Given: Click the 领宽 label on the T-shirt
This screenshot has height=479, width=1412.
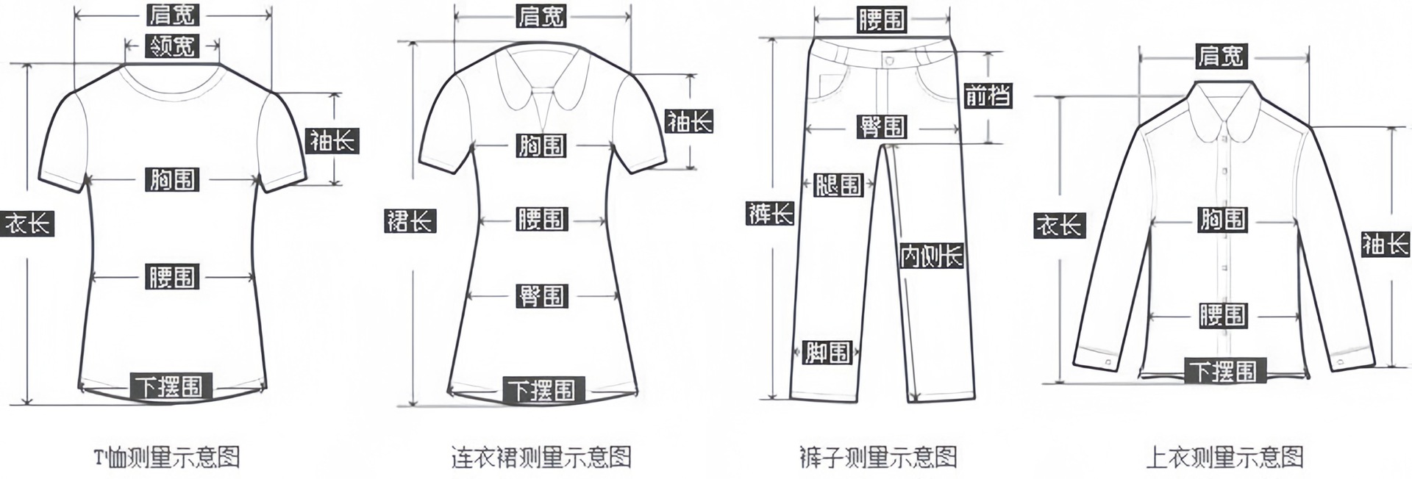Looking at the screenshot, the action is pyautogui.click(x=172, y=46).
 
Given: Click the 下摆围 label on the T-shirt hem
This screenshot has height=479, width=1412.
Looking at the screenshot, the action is pyautogui.click(x=171, y=386).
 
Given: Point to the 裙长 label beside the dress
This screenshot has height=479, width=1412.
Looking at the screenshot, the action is pyautogui.click(x=410, y=220).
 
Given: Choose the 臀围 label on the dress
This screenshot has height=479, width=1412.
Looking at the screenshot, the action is pyautogui.click(x=541, y=296).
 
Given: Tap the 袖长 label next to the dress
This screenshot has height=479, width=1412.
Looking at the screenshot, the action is pyautogui.click(x=689, y=121).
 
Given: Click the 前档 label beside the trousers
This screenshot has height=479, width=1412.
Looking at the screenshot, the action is pyautogui.click(x=988, y=96).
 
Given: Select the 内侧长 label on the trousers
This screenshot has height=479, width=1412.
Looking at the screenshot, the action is pyautogui.click(x=932, y=256).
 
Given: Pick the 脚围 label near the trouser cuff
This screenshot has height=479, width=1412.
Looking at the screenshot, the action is pyautogui.click(x=827, y=353).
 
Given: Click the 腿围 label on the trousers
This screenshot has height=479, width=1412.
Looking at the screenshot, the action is pyautogui.click(x=838, y=184).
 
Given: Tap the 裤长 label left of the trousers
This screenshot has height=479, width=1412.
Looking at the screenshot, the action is pyautogui.click(x=770, y=213).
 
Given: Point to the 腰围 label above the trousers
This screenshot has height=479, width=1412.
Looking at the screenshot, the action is pyautogui.click(x=881, y=20).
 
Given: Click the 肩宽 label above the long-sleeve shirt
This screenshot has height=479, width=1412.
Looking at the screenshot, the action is pyautogui.click(x=1221, y=56).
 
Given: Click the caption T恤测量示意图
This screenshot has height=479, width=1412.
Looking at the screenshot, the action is pyautogui.click(x=167, y=458).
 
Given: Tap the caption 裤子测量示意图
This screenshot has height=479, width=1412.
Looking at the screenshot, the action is pyautogui.click(x=878, y=458).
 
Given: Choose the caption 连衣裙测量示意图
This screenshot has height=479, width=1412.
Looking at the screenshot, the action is pyautogui.click(x=541, y=458).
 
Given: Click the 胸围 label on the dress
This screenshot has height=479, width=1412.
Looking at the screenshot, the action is pyautogui.click(x=541, y=145).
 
